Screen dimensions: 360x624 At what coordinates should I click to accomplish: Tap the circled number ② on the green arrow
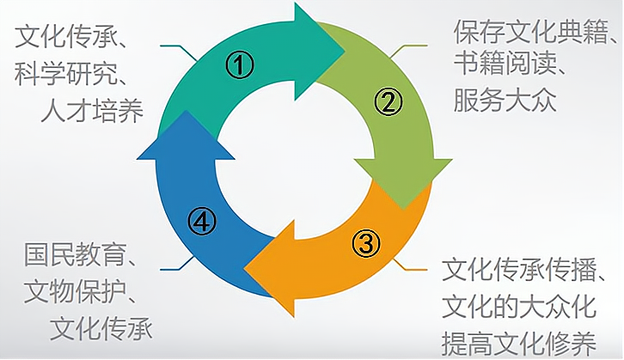(388, 102)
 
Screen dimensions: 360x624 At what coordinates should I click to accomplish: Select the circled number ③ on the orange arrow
(365, 243)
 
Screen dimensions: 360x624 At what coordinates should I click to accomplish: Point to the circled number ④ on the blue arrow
(201, 222)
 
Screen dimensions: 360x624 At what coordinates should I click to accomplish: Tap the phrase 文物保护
(77, 292)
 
